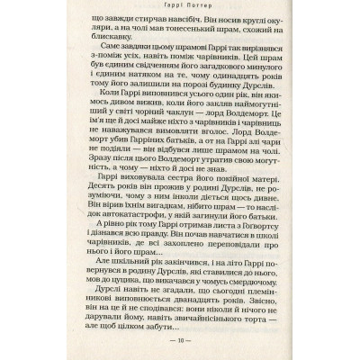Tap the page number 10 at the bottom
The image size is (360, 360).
click(x=179, y=342)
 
